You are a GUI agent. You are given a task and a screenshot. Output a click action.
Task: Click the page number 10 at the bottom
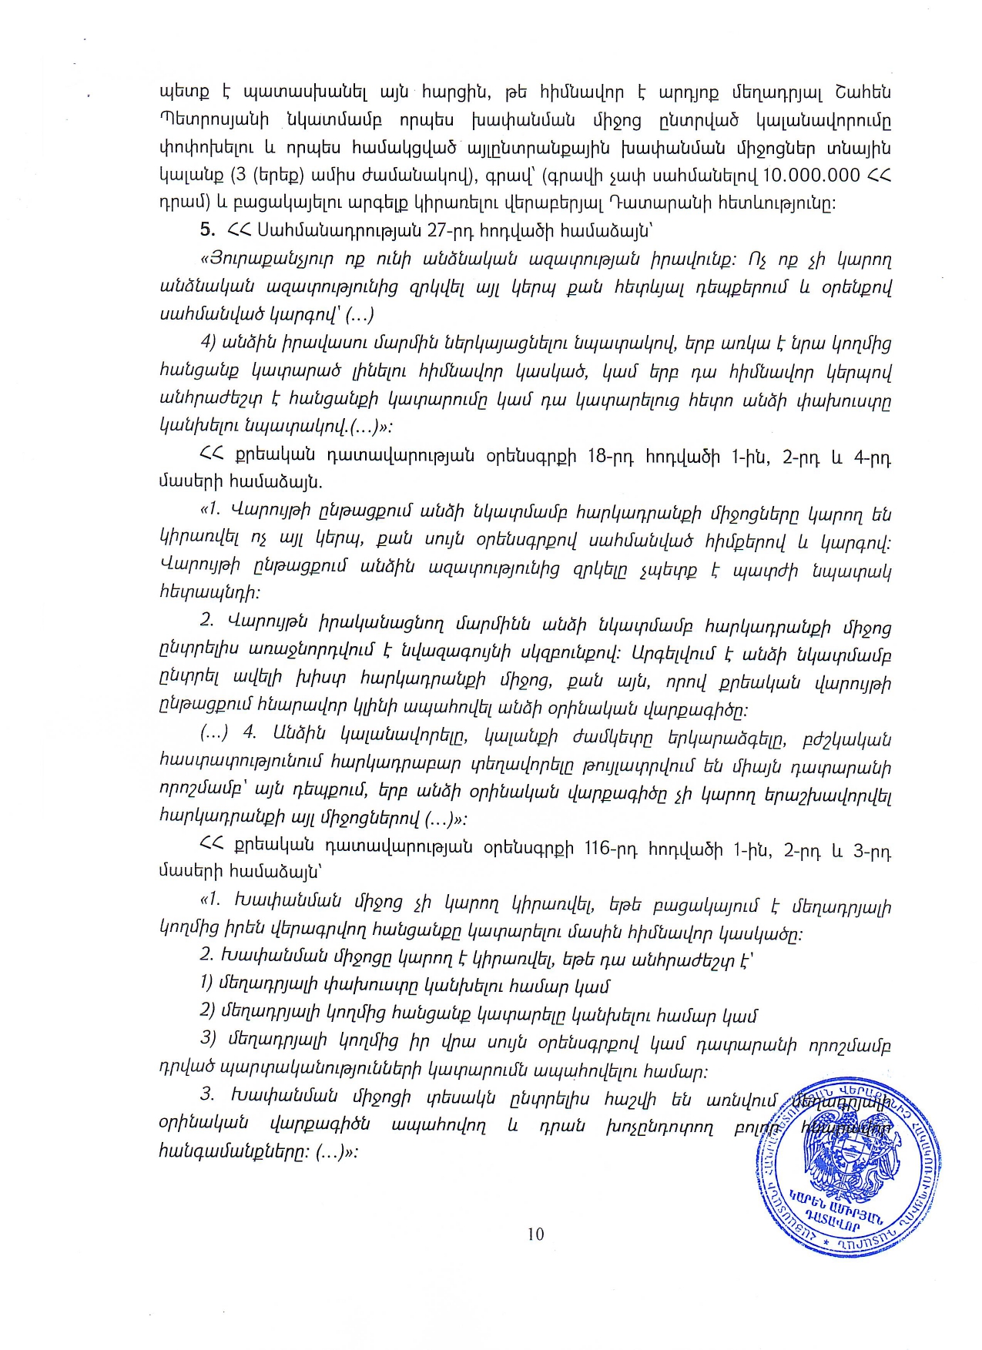point(536,1234)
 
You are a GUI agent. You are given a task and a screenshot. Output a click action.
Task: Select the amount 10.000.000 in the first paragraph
point(811,175)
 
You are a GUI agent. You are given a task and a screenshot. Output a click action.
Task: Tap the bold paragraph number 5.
point(206,229)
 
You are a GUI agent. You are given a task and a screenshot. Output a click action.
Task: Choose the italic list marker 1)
point(206,985)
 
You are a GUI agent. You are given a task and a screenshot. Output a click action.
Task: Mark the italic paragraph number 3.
point(206,1094)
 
